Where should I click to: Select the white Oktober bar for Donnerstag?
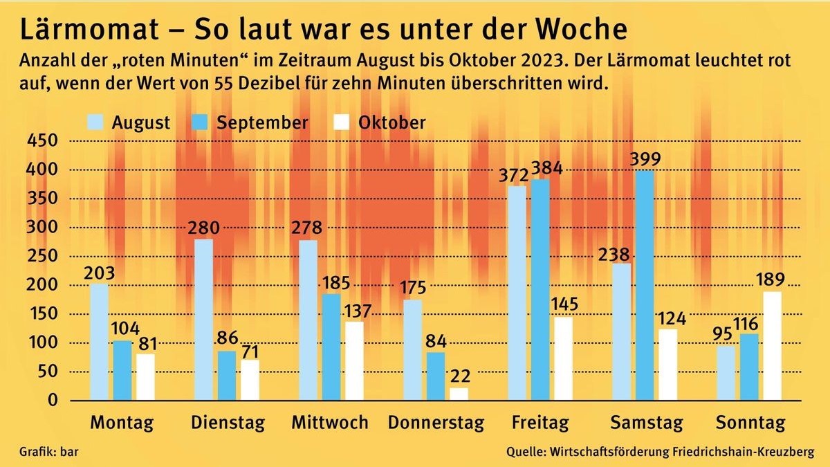pyautogui.click(x=458, y=394)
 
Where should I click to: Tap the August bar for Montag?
pyautogui.click(x=100, y=342)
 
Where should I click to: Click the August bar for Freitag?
pyautogui.click(x=517, y=293)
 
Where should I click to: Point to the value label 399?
pyautogui.click(x=645, y=159)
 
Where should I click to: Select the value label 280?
pyautogui.click(x=205, y=228)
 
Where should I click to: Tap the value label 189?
pyautogui.click(x=771, y=280)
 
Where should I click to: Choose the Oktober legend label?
pyautogui.click(x=391, y=122)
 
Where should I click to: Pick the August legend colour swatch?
pyautogui.click(x=96, y=122)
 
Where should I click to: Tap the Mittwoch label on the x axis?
pyautogui.click(x=329, y=423)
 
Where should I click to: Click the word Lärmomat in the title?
pyautogui.click(x=75, y=29)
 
